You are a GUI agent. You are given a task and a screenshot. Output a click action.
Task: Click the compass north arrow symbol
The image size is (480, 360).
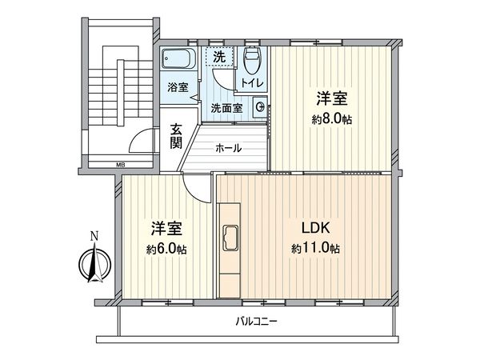pos(94,265)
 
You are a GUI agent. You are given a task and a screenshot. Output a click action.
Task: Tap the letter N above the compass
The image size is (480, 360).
pos(94,236)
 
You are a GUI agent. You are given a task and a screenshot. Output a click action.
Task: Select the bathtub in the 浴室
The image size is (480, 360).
pos(176,60)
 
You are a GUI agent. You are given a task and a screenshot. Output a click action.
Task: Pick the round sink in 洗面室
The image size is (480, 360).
pos(261,106)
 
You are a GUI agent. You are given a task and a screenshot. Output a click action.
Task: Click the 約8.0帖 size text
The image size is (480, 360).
pos(331,120)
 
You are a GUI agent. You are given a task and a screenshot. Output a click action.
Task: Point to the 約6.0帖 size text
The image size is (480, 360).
pos(166,250)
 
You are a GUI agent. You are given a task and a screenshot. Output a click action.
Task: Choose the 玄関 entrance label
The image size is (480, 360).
pos(176,137)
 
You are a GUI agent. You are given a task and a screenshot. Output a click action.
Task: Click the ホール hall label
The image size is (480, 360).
pos(231,148)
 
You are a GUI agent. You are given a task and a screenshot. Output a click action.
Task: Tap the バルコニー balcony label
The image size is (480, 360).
pos(256,322)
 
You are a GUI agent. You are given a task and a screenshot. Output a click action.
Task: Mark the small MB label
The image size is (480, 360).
pos(121,166)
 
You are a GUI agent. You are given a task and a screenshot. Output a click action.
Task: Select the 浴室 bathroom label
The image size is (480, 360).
pos(178,87)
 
